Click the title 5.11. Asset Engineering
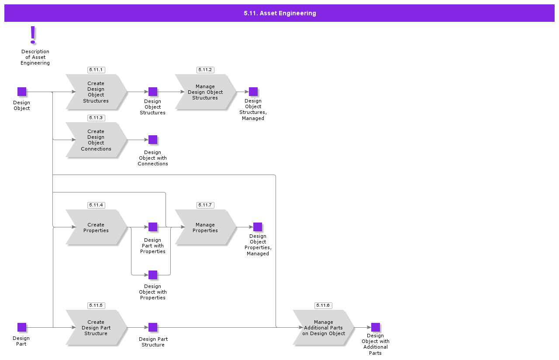point(279,13)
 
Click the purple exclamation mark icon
point(33,35)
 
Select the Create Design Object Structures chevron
point(96,92)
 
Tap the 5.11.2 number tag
point(205,70)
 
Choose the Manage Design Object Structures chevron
point(205,92)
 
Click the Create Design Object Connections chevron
point(96,140)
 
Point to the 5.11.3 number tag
point(96,118)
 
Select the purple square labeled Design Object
point(22,92)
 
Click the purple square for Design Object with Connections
point(153,140)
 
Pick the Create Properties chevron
point(96,227)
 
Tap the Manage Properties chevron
point(205,227)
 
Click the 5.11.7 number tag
point(205,205)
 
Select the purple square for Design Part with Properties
point(153,227)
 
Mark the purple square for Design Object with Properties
point(153,275)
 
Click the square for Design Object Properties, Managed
point(258,227)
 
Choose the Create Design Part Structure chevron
point(96,328)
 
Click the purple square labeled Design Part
point(22,327)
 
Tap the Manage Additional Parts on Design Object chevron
point(323,328)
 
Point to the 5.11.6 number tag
point(323,305)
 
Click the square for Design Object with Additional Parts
point(376,327)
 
